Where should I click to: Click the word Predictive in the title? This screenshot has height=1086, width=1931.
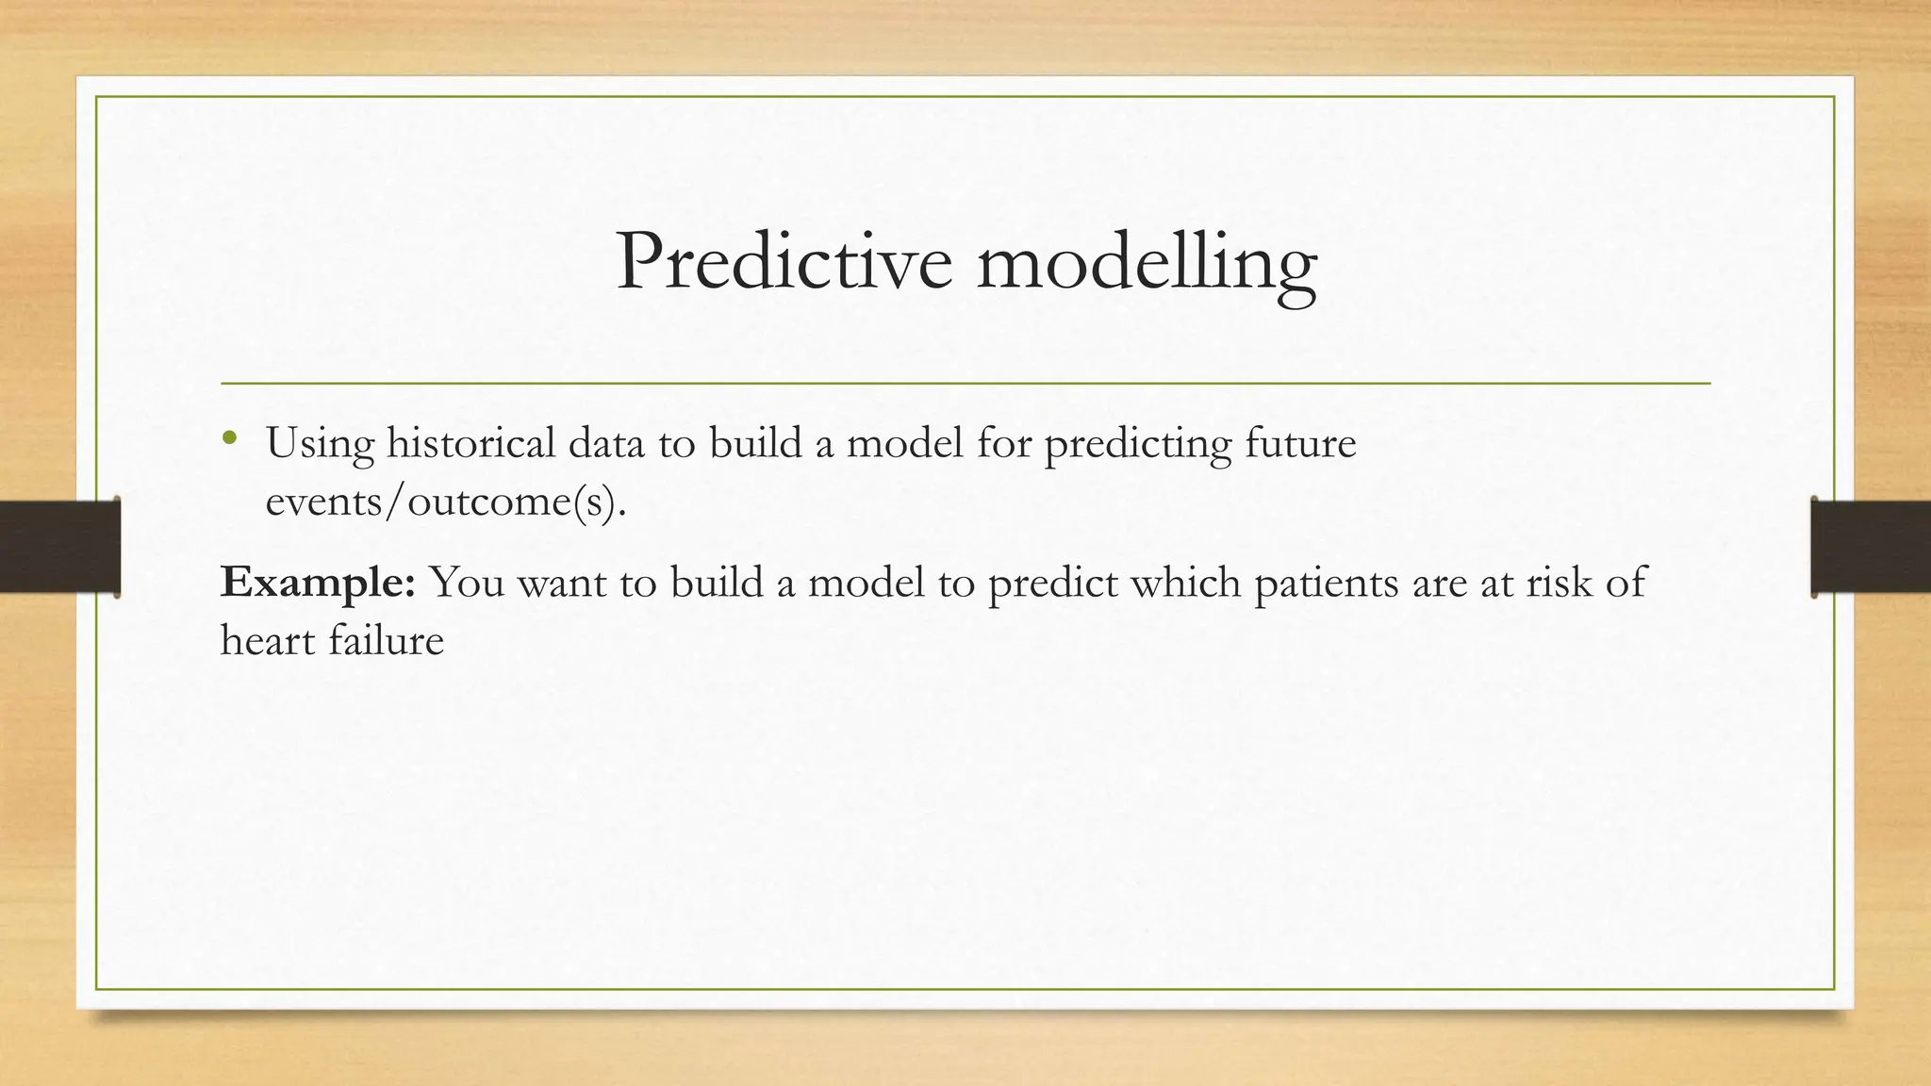point(784,261)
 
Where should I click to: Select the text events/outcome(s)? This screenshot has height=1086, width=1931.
point(446,502)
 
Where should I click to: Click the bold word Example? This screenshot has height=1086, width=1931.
point(318,584)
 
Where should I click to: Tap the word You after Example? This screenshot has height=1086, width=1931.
point(467,583)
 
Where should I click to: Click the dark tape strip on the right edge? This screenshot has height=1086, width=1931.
point(1872,547)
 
